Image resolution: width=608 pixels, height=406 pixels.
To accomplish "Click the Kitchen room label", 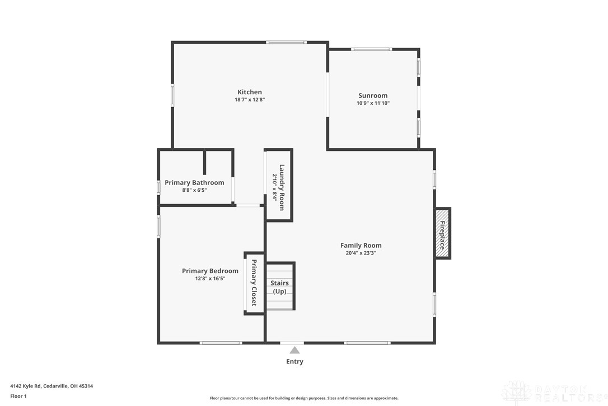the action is (x=250, y=92).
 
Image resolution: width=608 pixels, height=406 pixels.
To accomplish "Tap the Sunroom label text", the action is (x=373, y=95).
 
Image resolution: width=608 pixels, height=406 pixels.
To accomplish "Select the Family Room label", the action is (x=361, y=246).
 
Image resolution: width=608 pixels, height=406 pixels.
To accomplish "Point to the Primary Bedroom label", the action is (x=210, y=271).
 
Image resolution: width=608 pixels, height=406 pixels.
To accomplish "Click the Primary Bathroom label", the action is (x=194, y=183).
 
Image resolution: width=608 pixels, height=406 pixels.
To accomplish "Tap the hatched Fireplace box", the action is (x=442, y=233).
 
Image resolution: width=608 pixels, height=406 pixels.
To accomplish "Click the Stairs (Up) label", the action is (x=279, y=287).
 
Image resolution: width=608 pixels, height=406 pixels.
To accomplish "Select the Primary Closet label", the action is (x=254, y=283).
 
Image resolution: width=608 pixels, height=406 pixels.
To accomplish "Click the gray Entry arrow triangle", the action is (x=294, y=350).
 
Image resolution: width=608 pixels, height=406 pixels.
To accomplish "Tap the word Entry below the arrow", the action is (x=294, y=362).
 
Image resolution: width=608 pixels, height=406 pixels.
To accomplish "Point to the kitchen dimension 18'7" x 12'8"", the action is (x=250, y=99).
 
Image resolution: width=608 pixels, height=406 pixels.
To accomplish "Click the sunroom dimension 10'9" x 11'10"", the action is (x=373, y=103).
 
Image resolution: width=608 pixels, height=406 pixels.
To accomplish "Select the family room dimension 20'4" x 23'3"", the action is (x=361, y=253).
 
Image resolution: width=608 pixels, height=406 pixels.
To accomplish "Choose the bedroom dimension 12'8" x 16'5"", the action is (x=210, y=279).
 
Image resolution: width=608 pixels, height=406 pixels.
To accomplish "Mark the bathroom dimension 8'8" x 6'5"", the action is (x=194, y=190).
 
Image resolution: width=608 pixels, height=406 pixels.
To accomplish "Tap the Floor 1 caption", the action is (x=18, y=396).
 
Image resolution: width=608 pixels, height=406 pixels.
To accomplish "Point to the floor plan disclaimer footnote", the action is (x=304, y=398).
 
